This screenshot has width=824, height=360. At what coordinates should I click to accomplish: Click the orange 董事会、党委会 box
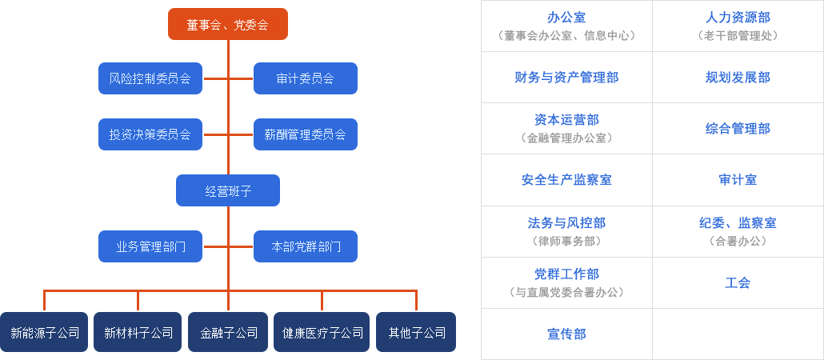227,24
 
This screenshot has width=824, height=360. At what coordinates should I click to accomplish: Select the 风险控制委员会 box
150,78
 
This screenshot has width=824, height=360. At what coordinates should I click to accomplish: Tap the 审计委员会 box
305,78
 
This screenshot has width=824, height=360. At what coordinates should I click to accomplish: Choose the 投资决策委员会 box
150,134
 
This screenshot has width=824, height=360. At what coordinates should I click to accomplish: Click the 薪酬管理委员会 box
305,134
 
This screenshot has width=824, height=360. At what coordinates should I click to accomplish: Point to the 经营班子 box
227,190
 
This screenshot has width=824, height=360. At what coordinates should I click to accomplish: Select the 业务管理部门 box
150,246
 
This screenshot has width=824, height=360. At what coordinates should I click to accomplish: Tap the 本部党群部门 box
305,246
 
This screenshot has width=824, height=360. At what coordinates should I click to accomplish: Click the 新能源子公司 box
45,332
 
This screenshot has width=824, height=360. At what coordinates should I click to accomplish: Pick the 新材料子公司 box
138,332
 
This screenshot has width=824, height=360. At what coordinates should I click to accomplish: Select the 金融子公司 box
228,332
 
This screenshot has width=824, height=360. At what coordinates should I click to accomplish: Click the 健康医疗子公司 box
322,332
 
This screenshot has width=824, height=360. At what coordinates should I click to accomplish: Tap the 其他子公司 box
416,332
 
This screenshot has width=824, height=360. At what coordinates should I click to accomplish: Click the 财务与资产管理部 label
566,78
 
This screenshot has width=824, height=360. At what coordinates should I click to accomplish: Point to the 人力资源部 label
738,18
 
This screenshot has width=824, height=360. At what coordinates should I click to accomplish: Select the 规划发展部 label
738,78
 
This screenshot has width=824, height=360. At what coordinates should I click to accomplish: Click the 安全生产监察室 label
566,180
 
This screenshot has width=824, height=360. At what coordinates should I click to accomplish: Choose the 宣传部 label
566,334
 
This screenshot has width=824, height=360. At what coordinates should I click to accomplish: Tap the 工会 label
738,282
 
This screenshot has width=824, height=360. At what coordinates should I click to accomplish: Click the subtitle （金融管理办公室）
566,138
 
